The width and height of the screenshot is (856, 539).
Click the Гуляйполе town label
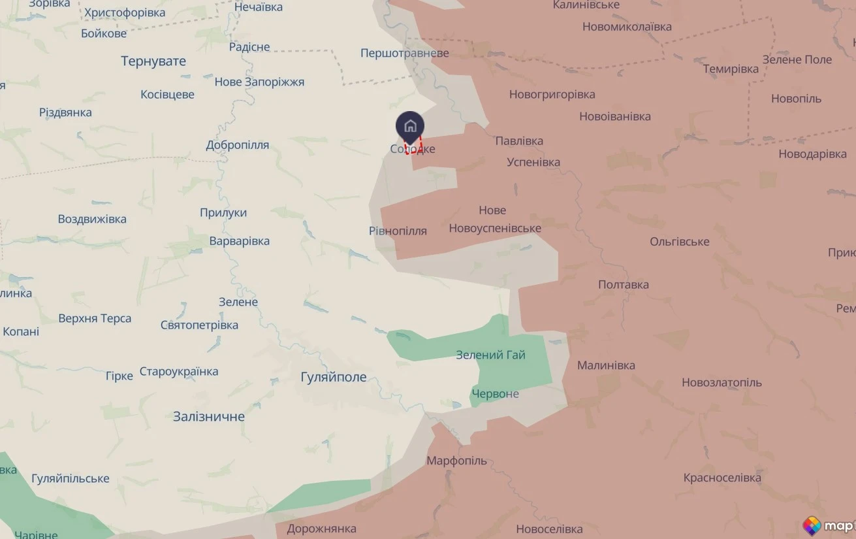(333, 377)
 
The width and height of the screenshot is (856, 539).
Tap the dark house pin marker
(410, 126)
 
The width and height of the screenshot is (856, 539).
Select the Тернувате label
(153, 61)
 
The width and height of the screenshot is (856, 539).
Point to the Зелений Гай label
(490, 355)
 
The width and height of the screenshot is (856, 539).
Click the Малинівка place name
(606, 365)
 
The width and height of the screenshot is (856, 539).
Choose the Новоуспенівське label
(495, 228)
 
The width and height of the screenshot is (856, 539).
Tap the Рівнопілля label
(398, 231)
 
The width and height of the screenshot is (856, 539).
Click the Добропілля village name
(237, 145)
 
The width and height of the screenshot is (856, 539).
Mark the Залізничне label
(209, 416)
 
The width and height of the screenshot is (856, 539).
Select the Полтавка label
(624, 284)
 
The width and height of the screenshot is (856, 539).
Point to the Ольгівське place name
(679, 242)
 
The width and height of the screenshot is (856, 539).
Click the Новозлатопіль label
(721, 382)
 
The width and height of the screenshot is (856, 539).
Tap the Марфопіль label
(456, 461)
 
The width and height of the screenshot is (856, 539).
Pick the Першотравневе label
(404, 53)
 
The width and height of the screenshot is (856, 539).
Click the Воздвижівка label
(92, 219)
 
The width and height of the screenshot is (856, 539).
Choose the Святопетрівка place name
(199, 325)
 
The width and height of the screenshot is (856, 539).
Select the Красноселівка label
(722, 478)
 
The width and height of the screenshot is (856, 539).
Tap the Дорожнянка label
(321, 529)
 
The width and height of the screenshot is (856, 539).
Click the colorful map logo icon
(812, 525)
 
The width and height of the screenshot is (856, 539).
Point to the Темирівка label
(731, 69)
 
